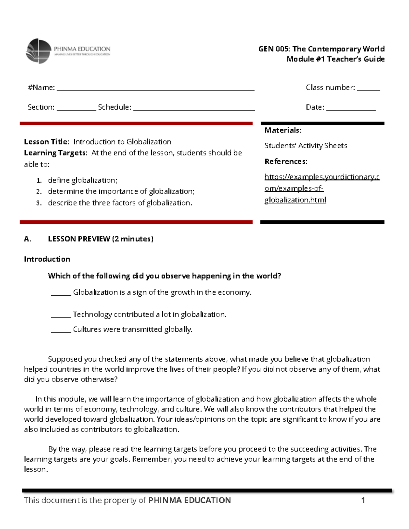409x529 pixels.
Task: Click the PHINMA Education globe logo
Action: click(x=39, y=51)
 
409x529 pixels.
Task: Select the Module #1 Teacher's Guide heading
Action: click(x=335, y=59)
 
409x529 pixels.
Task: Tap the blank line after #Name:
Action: click(x=155, y=88)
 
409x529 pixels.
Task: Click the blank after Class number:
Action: click(x=368, y=88)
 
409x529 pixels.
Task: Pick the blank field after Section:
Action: click(x=76, y=108)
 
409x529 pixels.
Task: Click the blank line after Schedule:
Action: click(x=194, y=108)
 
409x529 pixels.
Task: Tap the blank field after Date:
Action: click(x=351, y=108)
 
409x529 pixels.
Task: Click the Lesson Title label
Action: click(x=46, y=142)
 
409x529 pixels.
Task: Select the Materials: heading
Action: click(x=283, y=130)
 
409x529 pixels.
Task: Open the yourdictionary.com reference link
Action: click(x=322, y=188)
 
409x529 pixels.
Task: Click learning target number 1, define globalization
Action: click(x=82, y=180)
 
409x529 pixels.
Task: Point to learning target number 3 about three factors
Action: click(x=120, y=203)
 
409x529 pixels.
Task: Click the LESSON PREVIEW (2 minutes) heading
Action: click(x=101, y=239)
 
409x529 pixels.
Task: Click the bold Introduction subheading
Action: click(x=47, y=259)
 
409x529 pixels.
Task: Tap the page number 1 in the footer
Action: click(x=363, y=500)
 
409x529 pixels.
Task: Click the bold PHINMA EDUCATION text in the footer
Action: click(x=190, y=500)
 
